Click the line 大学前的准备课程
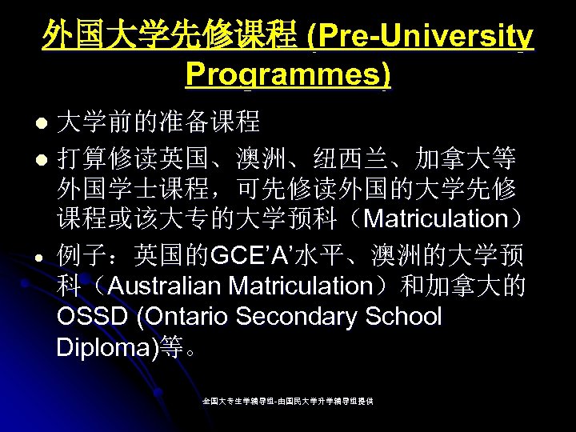[x=158, y=122]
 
